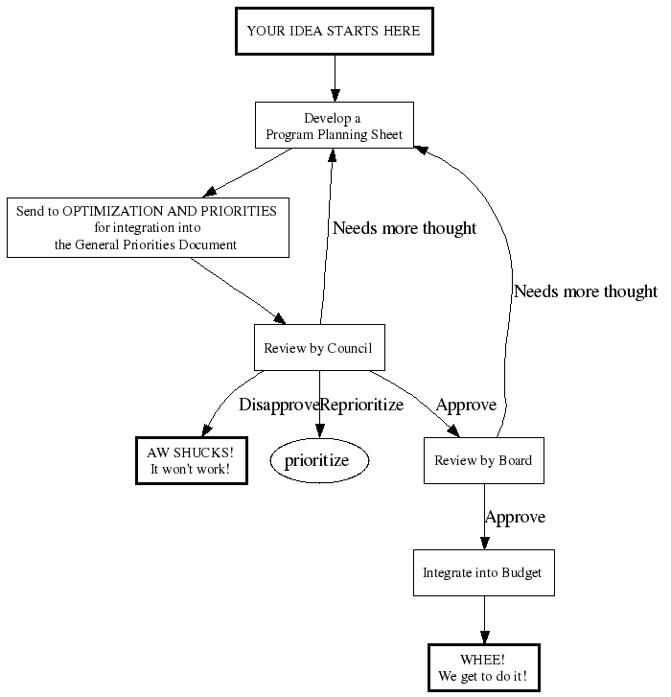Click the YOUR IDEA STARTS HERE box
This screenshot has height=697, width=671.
coord(334,31)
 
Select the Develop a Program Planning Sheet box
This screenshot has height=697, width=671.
coord(335,126)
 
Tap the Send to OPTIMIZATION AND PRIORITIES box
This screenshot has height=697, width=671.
coord(147,227)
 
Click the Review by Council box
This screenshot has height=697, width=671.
coord(318,348)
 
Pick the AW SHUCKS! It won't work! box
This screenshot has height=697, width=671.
coord(191,460)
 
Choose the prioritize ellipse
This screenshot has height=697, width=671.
coord(320,460)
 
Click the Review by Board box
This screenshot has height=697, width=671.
coord(483,460)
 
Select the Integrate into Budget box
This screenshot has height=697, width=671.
coord(482,572)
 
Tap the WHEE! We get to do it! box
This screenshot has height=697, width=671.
coord(482,667)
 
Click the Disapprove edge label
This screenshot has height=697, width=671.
coord(278,405)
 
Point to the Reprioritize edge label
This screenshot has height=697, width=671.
coord(361,405)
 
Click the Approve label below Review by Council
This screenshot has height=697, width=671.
coord(466,405)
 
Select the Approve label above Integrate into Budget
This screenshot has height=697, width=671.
coord(515,517)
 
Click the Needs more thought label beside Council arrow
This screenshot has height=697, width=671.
coord(404,228)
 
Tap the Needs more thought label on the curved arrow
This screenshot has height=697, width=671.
coord(585,291)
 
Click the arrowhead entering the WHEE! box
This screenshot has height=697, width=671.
coord(483,637)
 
